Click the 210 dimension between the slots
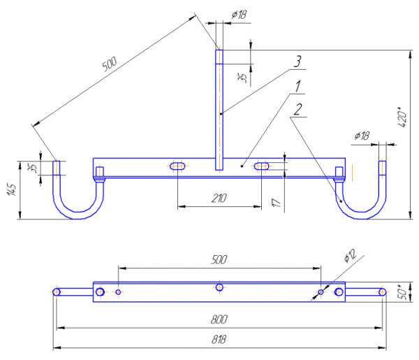tap(218, 199)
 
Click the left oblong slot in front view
tap(178, 166)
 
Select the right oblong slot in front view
tap(262, 166)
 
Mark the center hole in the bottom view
tap(220, 287)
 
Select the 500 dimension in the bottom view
tap(219, 259)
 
